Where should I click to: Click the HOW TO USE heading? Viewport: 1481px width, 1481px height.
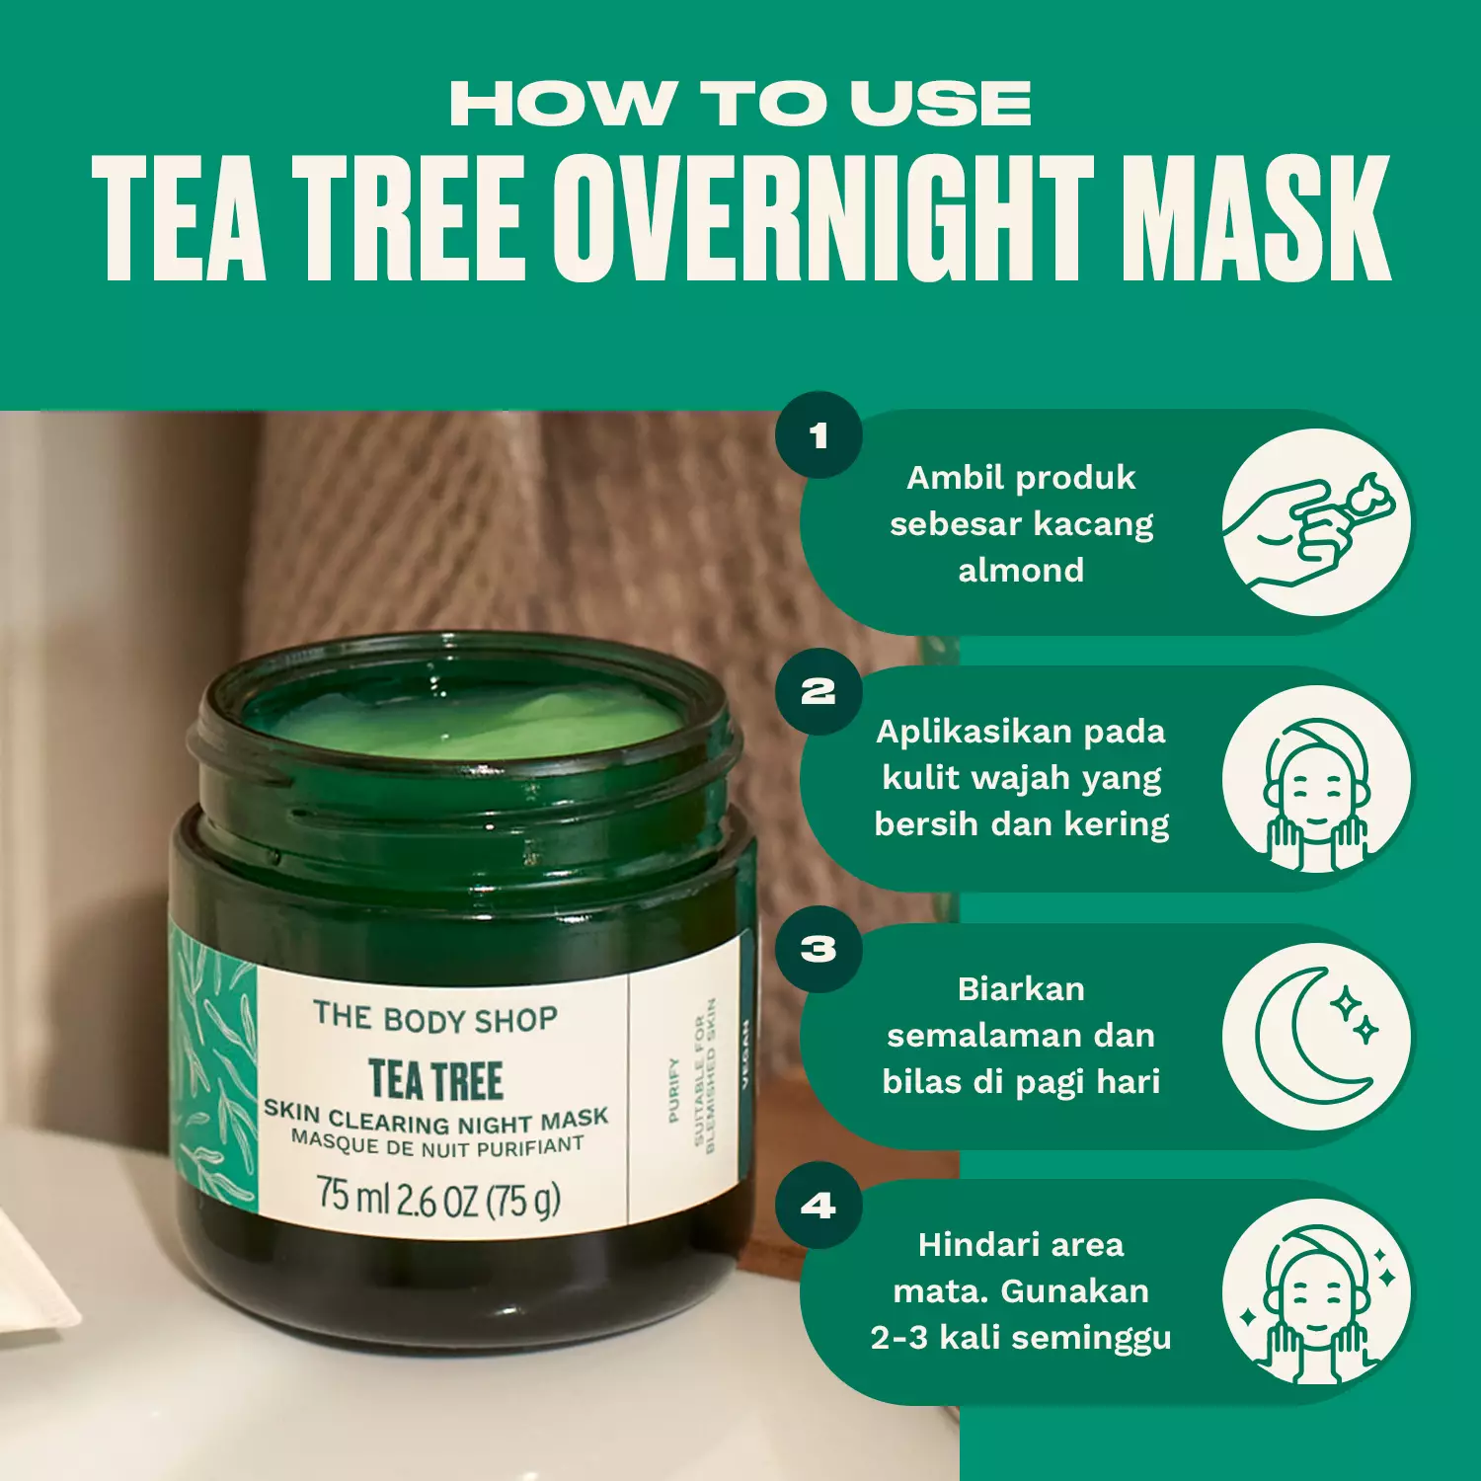pos(740,104)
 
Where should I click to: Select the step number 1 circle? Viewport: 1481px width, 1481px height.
pos(818,435)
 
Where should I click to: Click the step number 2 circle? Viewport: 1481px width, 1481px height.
pos(818,691)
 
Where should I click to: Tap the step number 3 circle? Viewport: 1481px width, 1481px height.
pos(818,949)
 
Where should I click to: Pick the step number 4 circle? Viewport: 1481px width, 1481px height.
pos(818,1206)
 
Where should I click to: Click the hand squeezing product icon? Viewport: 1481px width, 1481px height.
pos(1315,523)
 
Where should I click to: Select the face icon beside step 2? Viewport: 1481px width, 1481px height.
pos(1315,780)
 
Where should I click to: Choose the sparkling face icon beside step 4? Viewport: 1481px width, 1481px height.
pos(1315,1292)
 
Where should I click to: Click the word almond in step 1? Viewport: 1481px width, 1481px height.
pos(1021,571)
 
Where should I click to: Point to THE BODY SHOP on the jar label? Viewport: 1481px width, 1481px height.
pos(435,1018)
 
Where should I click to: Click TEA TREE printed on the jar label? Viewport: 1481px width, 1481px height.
pos(435,1079)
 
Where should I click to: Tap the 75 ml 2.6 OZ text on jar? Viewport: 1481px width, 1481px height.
pos(438,1197)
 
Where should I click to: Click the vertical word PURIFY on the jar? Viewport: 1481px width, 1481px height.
pos(673,1090)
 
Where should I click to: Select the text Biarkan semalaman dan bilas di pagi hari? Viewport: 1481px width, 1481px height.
pos(1021,1036)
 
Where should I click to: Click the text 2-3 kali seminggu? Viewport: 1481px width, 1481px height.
pos(1021,1338)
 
